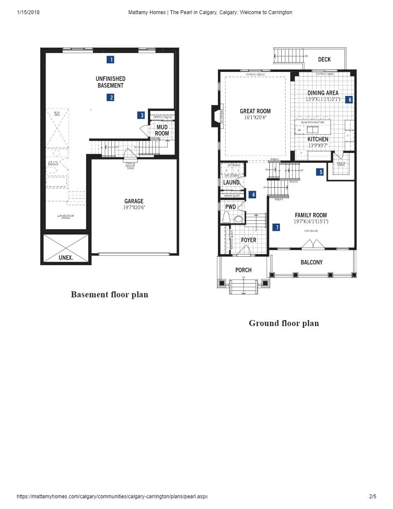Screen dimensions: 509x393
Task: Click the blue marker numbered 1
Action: tap(111, 60)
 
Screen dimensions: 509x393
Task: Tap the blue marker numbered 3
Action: tap(141, 115)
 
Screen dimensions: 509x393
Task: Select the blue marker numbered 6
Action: tap(349, 100)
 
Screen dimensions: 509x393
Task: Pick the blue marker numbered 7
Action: tap(277, 228)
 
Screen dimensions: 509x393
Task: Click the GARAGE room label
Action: tap(134, 201)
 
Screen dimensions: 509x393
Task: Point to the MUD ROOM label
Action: tap(162, 130)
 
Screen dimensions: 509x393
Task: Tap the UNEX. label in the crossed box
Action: tap(65, 258)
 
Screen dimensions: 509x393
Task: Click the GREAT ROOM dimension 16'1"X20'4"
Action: tap(255, 117)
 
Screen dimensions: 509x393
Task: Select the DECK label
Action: tap(324, 60)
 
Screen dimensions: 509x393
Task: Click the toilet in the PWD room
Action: tap(227, 218)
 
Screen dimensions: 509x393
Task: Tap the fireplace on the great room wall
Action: tap(214, 117)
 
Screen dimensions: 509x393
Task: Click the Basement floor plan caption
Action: tap(110, 294)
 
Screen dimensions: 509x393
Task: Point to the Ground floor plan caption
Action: tap(284, 323)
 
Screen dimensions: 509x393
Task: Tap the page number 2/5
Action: tap(372, 497)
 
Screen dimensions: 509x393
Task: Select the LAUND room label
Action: tap(231, 183)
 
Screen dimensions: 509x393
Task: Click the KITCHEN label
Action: tap(318, 139)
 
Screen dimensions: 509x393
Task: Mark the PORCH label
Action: tap(243, 270)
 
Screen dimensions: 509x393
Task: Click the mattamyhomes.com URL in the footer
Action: tap(112, 497)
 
